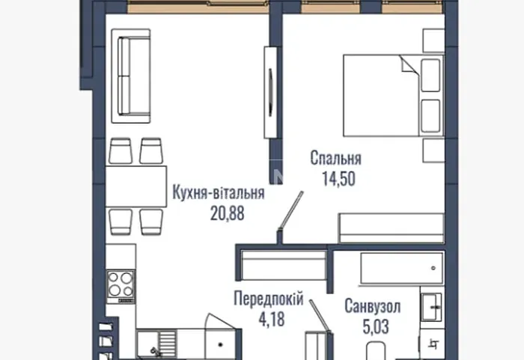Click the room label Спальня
(336, 158)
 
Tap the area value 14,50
(338, 178)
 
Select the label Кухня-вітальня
(219, 193)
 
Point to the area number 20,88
(228, 213)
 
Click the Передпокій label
(269, 298)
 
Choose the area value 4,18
(272, 319)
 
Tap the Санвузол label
(373, 306)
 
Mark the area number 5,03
(376, 326)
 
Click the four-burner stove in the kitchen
(121, 287)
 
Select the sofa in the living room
(131, 76)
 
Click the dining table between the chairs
(136, 186)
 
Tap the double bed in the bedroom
(393, 96)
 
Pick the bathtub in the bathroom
(402, 269)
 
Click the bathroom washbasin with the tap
(431, 307)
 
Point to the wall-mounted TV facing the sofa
(270, 92)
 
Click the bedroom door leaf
(291, 210)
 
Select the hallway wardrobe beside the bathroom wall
(284, 266)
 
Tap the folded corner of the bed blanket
(408, 64)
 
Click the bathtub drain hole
(433, 268)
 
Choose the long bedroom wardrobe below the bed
(392, 228)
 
